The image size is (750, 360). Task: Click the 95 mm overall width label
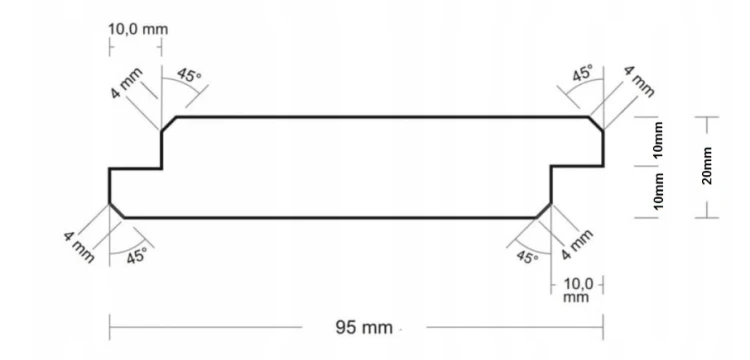(x=364, y=328)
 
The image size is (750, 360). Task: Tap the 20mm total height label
(x=707, y=166)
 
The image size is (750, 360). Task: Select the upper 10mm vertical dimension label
(x=658, y=140)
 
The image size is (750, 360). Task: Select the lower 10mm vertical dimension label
(x=658, y=191)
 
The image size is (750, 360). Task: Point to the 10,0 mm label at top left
(x=138, y=29)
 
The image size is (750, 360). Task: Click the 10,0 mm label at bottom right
(x=577, y=290)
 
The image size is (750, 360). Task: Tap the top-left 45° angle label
(x=189, y=76)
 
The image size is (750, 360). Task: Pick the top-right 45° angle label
(x=583, y=73)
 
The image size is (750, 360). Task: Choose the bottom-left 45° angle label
(x=136, y=256)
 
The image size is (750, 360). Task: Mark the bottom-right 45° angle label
(x=527, y=257)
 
